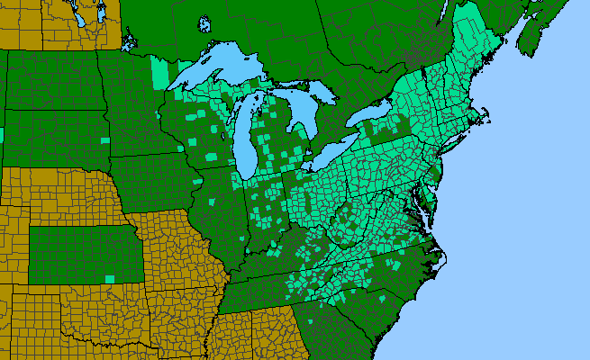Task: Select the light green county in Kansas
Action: (110, 278)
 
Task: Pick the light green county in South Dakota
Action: (105, 140)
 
